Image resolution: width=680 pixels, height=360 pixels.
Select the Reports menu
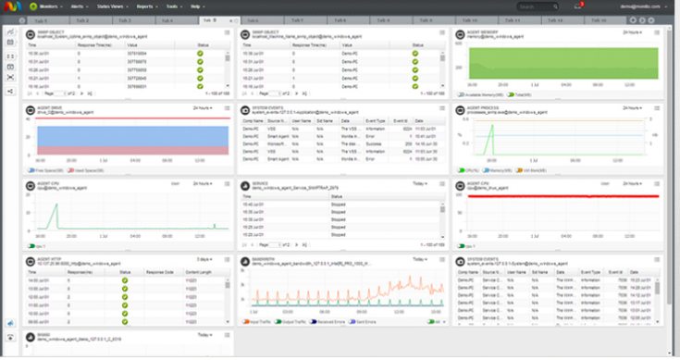[x=146, y=6]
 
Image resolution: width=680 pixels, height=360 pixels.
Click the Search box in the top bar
[x=537, y=6]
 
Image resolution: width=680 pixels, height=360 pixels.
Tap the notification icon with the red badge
[x=577, y=6]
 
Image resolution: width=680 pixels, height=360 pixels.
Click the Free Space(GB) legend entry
[x=46, y=170]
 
